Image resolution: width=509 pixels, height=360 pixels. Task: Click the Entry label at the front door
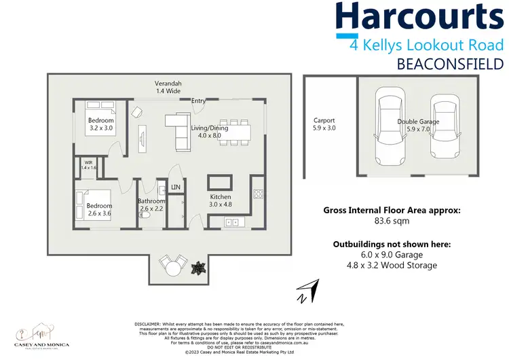pos(198,101)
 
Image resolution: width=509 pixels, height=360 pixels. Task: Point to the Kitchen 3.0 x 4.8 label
pos(221,200)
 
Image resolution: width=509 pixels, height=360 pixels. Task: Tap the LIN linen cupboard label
pos(176,187)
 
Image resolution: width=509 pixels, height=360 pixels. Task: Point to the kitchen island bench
pos(221,183)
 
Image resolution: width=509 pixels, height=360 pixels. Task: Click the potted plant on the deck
pos(198,267)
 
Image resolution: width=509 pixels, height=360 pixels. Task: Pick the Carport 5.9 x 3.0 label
pos(324,124)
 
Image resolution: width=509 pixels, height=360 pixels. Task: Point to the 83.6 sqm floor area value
pos(392,221)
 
